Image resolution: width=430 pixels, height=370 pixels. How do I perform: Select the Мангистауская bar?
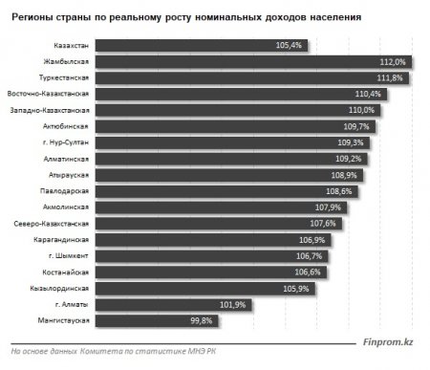(182, 320)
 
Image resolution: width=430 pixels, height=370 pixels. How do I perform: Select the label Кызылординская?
(62, 288)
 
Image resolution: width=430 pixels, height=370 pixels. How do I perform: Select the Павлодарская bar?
(234, 191)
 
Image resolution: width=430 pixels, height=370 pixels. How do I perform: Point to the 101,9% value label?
(313, 304)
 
